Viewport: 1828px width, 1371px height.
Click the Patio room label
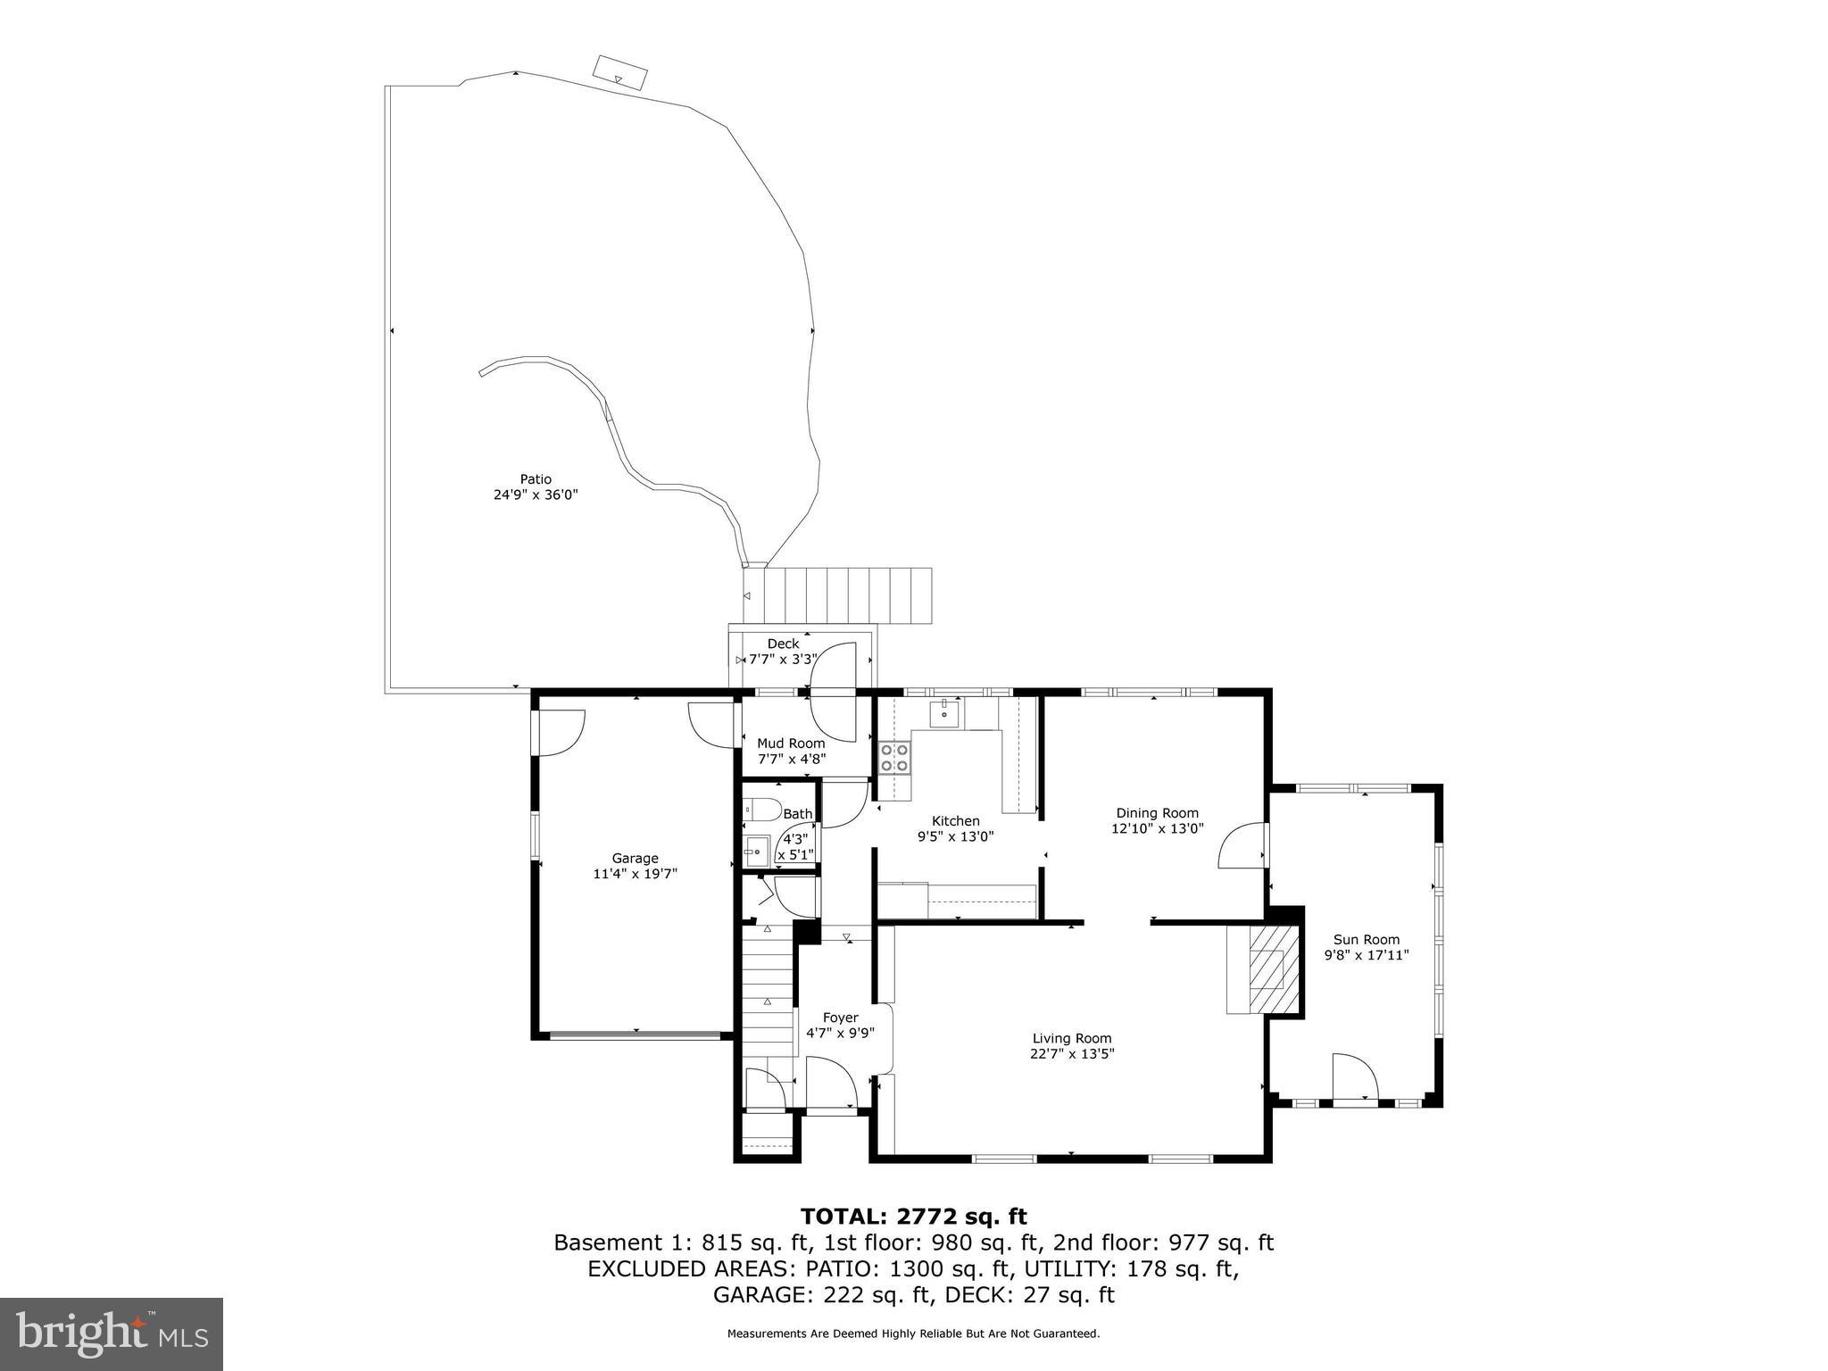coord(536,479)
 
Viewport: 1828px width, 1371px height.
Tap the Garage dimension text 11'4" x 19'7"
coord(635,874)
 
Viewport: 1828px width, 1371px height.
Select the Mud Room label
coord(791,743)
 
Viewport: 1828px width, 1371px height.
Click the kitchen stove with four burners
coord(894,758)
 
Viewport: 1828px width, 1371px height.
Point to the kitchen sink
coord(944,713)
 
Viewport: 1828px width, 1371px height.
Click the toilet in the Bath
coord(760,810)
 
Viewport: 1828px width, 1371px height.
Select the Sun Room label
coord(1366,939)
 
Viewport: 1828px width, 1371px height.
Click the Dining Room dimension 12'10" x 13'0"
coord(1157,827)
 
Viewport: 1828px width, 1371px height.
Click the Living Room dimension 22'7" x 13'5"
coord(1071,1053)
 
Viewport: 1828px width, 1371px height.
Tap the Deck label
coord(783,644)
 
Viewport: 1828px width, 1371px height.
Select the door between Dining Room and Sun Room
coord(1242,845)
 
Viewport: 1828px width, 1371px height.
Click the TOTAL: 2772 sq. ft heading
coord(913,1217)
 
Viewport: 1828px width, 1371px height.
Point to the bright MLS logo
coord(111,1334)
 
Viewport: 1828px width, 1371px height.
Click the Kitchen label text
coord(955,821)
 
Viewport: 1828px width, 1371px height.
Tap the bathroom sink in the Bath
coord(757,851)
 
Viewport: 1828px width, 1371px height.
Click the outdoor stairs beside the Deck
coord(848,595)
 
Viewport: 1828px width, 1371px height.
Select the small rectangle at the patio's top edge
coord(620,71)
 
